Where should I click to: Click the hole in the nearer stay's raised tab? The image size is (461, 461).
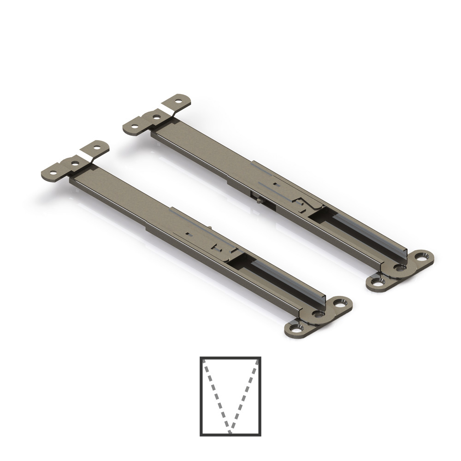[97, 149]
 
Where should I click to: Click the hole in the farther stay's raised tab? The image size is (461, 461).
[179, 101]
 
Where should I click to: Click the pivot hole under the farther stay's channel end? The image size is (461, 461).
[398, 267]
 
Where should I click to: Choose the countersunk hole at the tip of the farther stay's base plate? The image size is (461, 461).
[421, 256]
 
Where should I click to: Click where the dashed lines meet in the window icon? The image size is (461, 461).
[230, 432]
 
